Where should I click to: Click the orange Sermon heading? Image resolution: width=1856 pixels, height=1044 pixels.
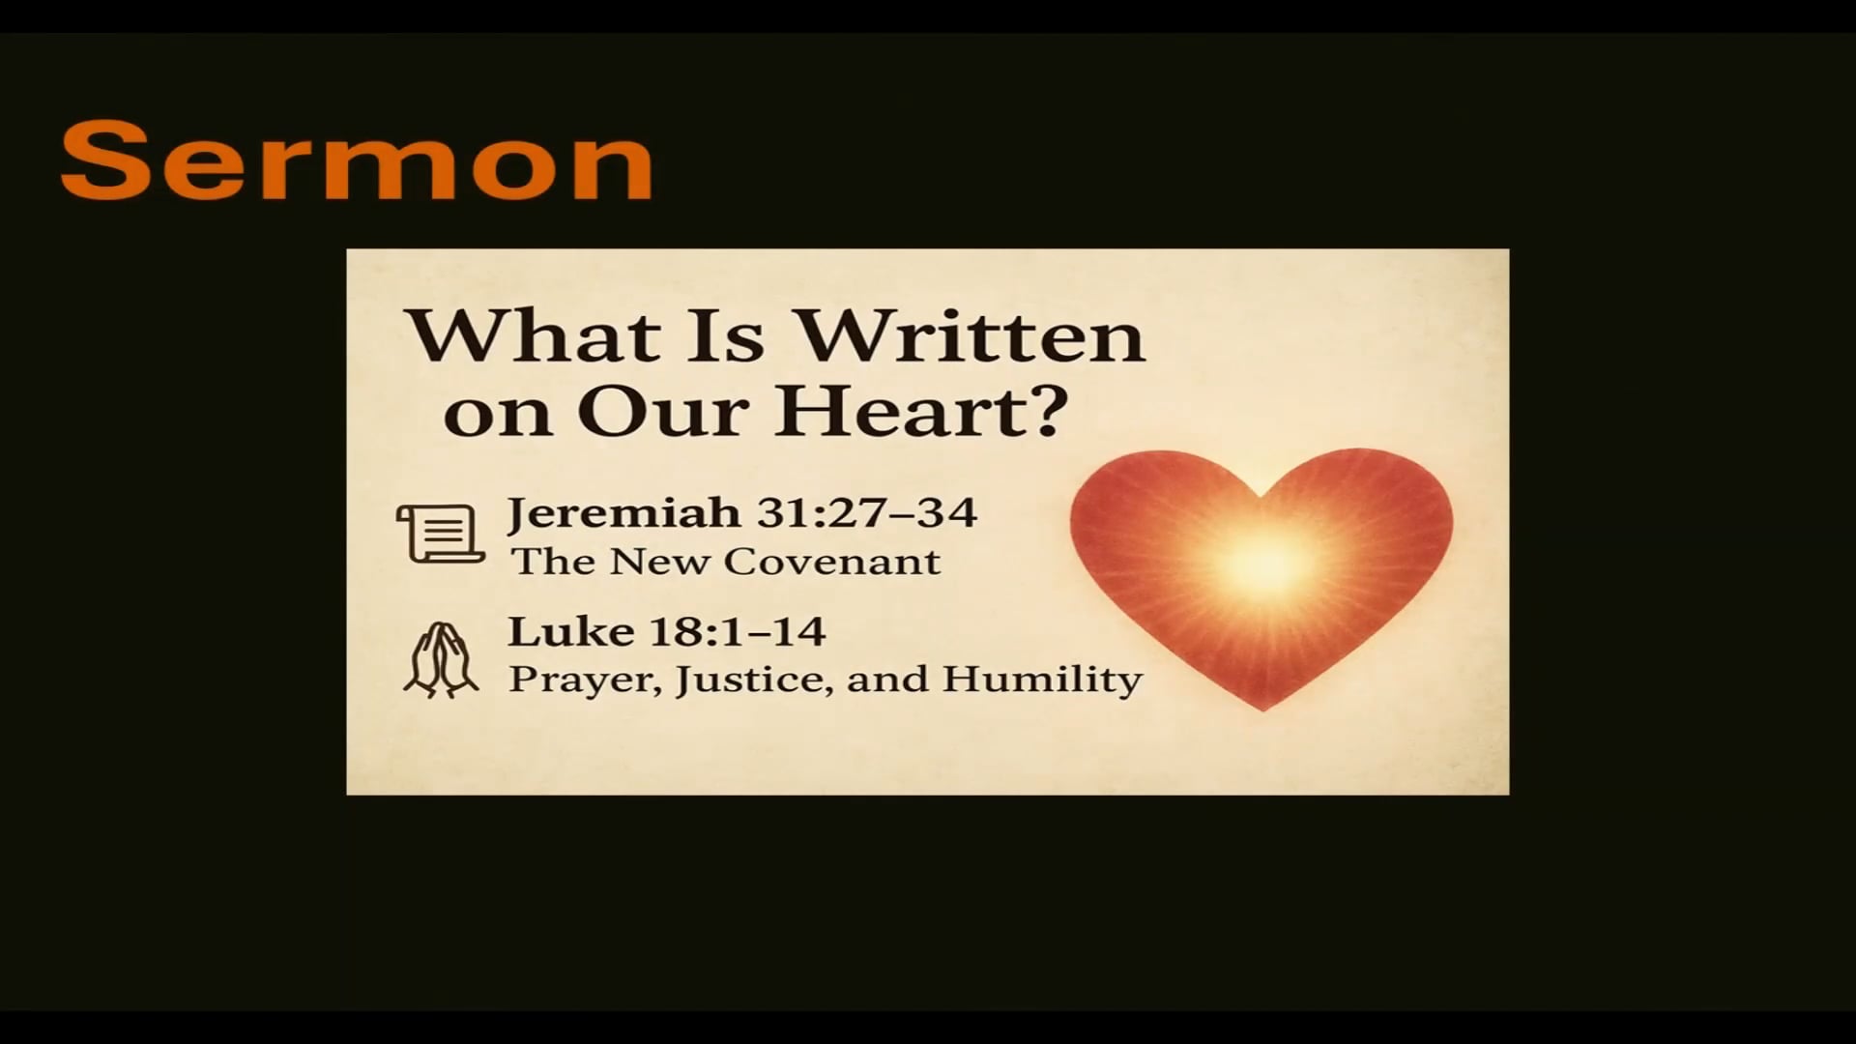356,160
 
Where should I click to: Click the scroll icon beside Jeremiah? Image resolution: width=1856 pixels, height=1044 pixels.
441,533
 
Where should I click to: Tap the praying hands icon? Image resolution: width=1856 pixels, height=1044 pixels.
441,659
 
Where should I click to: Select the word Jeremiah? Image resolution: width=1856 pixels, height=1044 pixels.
623,512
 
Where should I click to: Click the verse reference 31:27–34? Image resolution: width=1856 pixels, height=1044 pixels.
867,512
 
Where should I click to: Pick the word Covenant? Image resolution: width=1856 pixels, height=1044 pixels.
832,562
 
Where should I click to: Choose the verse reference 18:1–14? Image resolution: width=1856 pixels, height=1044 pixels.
738,632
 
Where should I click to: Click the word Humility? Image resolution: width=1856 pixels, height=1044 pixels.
1042,679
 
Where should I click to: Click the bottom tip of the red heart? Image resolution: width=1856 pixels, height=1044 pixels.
1261,709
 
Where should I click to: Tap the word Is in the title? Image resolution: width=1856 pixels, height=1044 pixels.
725,336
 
